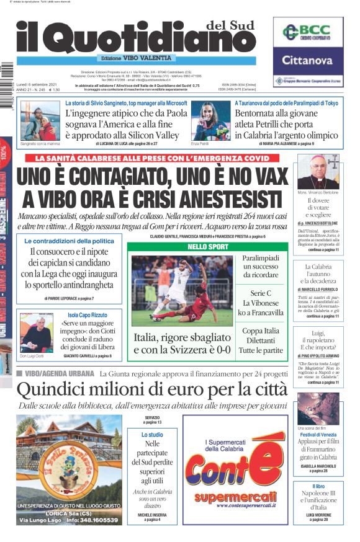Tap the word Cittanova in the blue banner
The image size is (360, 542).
click(308, 61)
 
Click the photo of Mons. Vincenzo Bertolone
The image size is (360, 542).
click(318, 172)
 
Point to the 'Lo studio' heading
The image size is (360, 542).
click(152, 435)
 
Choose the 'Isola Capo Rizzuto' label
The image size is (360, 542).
click(91, 314)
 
